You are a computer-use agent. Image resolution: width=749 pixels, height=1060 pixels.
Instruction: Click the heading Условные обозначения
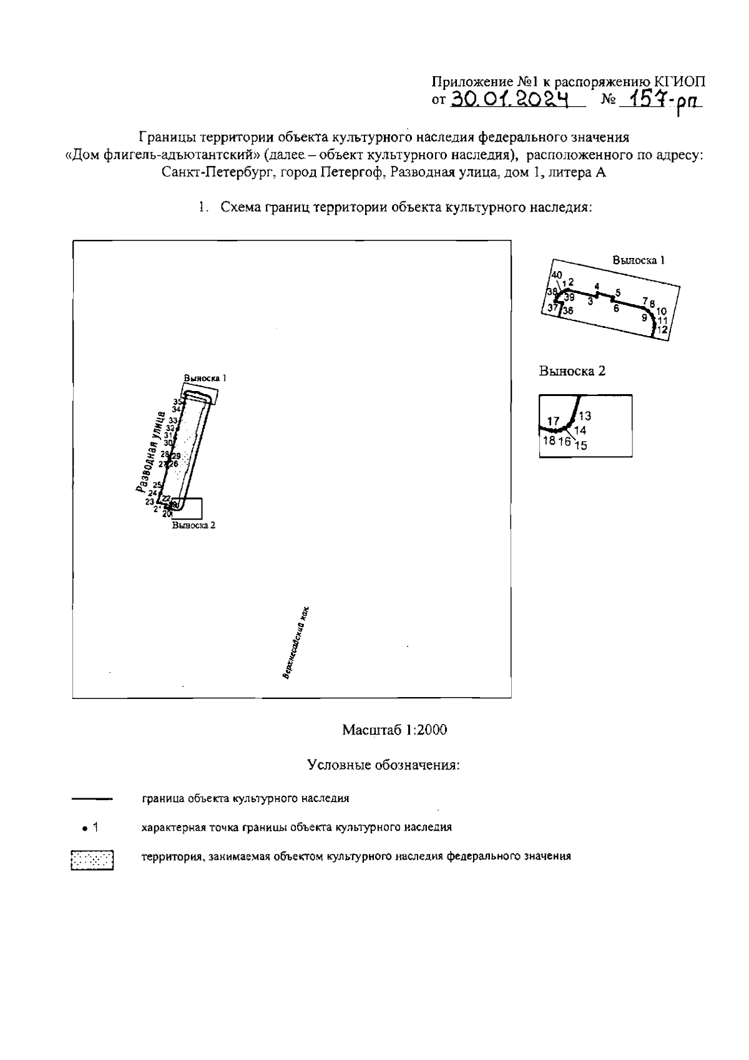[x=383, y=765]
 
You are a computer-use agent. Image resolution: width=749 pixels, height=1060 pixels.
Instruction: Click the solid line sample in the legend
[x=92, y=798]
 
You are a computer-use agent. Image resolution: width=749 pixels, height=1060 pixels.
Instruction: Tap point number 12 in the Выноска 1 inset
[x=663, y=329]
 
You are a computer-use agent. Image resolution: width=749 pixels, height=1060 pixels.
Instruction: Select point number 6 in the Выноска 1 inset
[x=615, y=308]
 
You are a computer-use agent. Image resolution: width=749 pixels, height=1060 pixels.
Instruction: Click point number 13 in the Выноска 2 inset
[x=585, y=416]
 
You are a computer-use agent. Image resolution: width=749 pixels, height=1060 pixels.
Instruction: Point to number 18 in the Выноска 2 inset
[x=549, y=440]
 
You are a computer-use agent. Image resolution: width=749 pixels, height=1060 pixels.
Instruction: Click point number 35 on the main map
[x=177, y=402]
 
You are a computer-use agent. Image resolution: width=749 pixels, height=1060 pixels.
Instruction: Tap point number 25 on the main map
[x=157, y=485]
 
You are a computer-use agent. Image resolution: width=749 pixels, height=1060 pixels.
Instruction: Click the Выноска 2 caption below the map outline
[x=194, y=525]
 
